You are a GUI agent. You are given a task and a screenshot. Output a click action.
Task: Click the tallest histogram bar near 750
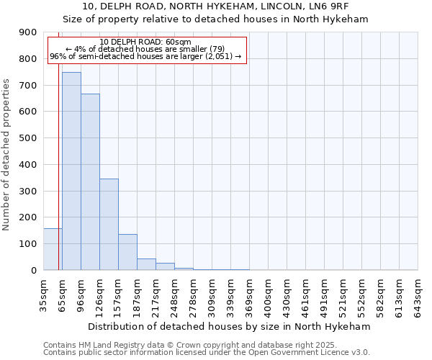[x=71, y=171]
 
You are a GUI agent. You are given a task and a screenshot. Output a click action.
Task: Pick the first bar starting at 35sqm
[x=53, y=249]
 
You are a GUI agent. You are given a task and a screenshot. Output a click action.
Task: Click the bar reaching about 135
[x=127, y=252]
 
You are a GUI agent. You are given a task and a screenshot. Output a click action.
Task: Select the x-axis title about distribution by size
[x=230, y=326]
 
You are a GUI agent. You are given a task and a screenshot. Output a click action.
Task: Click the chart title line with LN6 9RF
[x=215, y=6]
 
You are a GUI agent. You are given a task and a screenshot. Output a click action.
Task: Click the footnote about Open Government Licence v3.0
[x=207, y=353]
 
